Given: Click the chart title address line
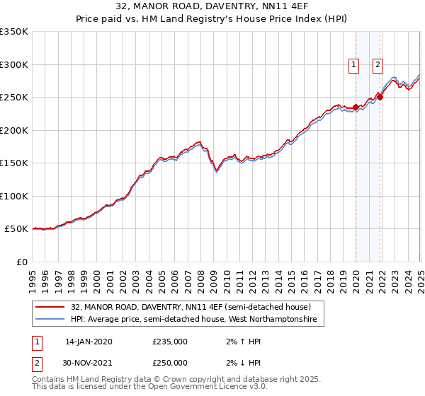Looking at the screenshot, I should (212, 6).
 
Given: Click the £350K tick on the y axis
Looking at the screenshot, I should (14, 32).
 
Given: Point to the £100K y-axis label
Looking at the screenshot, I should (14, 196).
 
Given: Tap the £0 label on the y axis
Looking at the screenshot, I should (21, 262).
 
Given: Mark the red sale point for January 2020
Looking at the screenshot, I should (356, 107).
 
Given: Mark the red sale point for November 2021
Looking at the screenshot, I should (380, 98).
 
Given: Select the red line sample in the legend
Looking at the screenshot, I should (51, 308).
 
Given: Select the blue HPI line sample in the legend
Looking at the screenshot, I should (51, 320).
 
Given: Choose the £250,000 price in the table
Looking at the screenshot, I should (170, 363).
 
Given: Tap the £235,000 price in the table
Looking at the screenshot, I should (170, 342).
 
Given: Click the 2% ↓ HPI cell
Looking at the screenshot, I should (239, 363).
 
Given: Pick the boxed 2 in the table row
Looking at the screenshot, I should (35, 363).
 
